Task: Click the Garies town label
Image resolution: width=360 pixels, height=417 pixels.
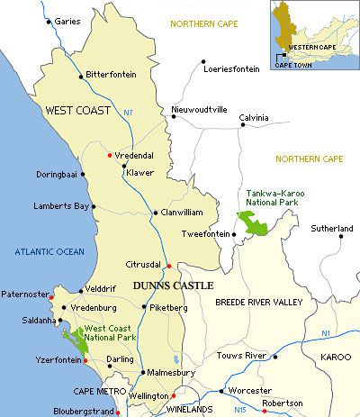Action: click(x=67, y=21)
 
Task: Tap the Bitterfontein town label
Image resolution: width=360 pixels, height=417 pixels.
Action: click(x=112, y=76)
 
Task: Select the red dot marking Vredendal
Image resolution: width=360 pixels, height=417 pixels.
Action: click(x=109, y=154)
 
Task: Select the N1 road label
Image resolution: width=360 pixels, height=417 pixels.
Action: click(x=325, y=334)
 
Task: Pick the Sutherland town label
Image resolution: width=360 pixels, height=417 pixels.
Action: click(x=332, y=230)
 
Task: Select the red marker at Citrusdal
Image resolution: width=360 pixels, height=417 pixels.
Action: click(x=167, y=265)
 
